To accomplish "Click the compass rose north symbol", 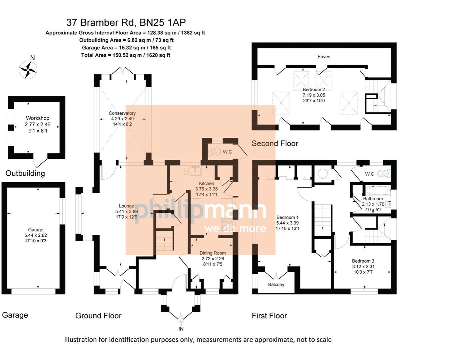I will point(28,69).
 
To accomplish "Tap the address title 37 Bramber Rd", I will point(126,22).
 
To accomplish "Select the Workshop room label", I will point(38,118).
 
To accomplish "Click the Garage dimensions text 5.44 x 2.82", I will point(36,235).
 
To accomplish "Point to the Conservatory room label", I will point(122,113).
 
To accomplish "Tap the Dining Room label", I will point(213,253).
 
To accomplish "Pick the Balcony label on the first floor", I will point(276,284).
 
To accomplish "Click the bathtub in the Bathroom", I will point(378,191).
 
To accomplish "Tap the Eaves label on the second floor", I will point(324,57).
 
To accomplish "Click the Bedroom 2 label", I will point(314,89).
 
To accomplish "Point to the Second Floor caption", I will point(275,143).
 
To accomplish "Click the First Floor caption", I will point(269,316).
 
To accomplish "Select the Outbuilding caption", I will point(25,173).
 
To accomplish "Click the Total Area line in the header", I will point(126,55).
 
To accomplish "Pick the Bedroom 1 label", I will point(287,217).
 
